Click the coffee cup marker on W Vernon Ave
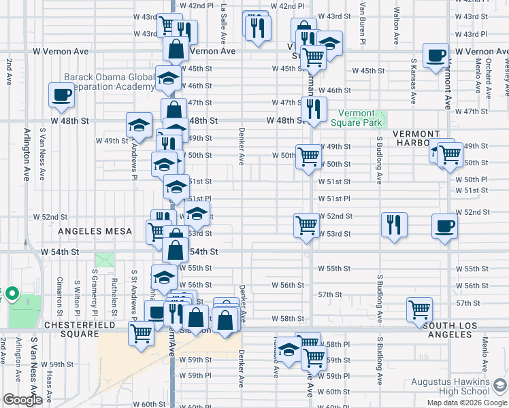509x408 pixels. tap(436, 56)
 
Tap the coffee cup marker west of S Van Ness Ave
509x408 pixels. tap(61, 95)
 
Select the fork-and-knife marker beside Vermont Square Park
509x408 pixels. tap(313, 111)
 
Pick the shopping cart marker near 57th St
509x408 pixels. tap(419, 310)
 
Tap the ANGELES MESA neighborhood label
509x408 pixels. tap(95, 231)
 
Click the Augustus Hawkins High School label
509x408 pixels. tap(455, 386)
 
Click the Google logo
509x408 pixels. tap(22, 400)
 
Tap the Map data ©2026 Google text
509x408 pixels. tap(466, 403)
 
